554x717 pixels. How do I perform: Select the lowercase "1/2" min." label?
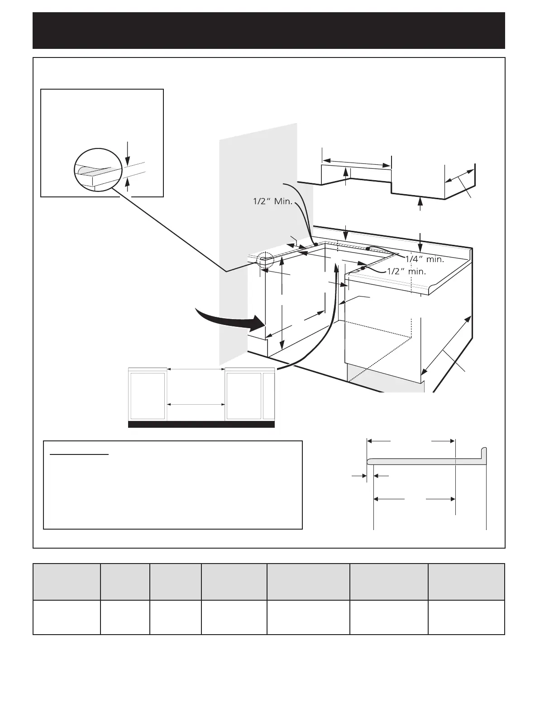(407, 272)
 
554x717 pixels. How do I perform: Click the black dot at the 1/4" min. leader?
(368, 249)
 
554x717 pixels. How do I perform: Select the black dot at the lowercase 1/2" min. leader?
(363, 268)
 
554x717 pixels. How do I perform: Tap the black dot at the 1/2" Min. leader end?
(315, 244)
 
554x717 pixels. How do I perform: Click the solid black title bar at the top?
(269, 30)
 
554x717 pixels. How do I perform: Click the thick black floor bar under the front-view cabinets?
(201, 424)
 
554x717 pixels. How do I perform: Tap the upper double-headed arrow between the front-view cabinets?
(196, 369)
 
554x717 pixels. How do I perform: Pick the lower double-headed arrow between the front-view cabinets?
(196, 404)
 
